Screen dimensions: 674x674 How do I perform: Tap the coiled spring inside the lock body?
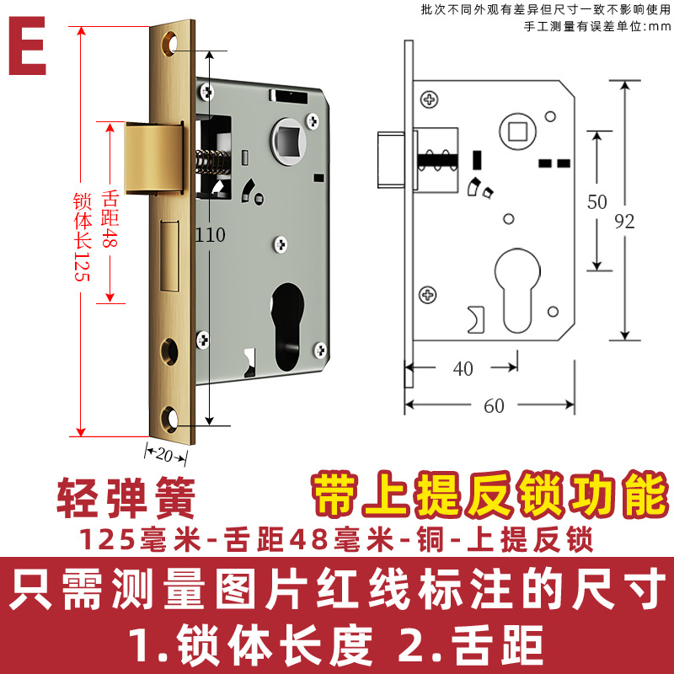[x=211, y=160]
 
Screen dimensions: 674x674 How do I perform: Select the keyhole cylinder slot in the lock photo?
[x=286, y=324]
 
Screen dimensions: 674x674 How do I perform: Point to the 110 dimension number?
[x=210, y=235]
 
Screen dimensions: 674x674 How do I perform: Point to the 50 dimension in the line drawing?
[x=597, y=202]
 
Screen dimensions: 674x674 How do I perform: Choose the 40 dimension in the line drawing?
[x=463, y=368]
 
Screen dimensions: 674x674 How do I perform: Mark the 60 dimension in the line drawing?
[x=494, y=406]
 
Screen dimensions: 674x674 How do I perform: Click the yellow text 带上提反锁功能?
[x=489, y=495]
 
